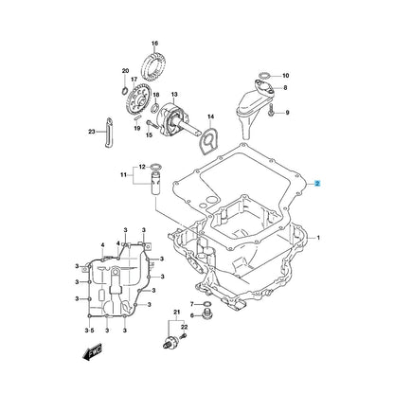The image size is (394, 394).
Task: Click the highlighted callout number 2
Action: point(318,184)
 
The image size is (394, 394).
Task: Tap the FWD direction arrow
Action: point(92,350)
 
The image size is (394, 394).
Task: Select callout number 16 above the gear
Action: point(154,44)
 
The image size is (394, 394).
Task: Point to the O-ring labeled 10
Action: point(264,76)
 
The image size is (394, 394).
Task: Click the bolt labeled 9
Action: point(271,111)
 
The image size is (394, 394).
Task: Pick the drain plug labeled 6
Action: point(206,314)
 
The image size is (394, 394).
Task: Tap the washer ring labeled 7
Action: point(206,304)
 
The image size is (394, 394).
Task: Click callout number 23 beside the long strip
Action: point(92,132)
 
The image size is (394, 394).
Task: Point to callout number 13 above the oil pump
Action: point(174,95)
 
